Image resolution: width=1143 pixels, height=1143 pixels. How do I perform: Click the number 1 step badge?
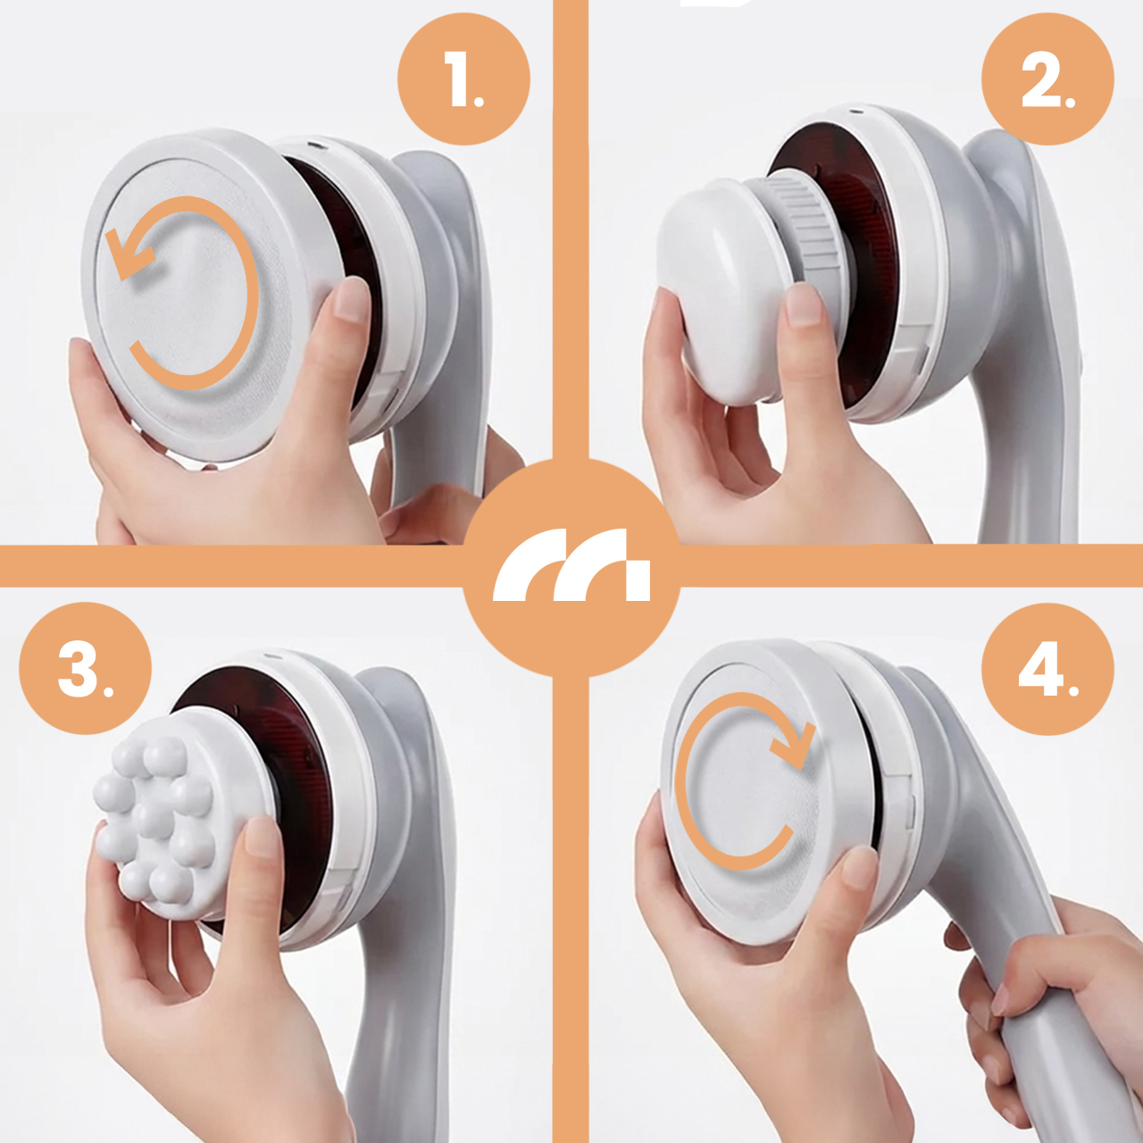[x=463, y=79]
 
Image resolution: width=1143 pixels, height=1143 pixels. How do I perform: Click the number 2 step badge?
[x=1047, y=79]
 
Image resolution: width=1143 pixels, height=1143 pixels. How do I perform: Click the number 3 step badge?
[x=86, y=669]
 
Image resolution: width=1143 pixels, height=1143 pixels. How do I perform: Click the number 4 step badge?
[x=1047, y=669]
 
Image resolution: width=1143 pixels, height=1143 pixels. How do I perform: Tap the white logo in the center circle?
[x=571, y=564]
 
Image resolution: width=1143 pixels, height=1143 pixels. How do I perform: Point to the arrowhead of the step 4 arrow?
[x=794, y=748]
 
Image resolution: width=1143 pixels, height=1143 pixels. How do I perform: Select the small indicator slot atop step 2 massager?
[x=855, y=111]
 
